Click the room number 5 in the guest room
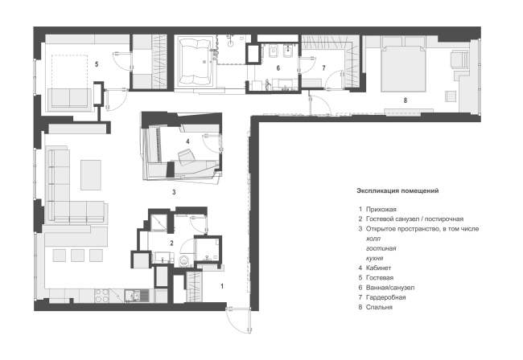click(x=97, y=64)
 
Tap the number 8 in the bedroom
click(x=406, y=100)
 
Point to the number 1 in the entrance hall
click(x=222, y=286)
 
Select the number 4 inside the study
click(x=187, y=141)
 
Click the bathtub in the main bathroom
click(x=196, y=61)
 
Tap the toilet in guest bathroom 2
click(x=184, y=261)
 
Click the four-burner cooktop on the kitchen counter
click(x=102, y=296)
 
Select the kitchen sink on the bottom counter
click(x=137, y=296)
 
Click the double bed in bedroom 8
click(x=404, y=63)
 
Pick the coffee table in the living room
click(x=91, y=175)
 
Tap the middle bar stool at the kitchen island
click(x=77, y=256)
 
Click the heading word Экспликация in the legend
click(x=378, y=190)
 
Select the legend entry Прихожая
click(x=381, y=210)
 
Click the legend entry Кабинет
click(x=379, y=268)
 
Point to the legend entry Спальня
click(x=379, y=307)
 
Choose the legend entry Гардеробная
click(x=386, y=297)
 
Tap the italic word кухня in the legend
click(x=375, y=258)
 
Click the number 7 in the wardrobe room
click(x=323, y=68)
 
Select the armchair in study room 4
click(x=186, y=157)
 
